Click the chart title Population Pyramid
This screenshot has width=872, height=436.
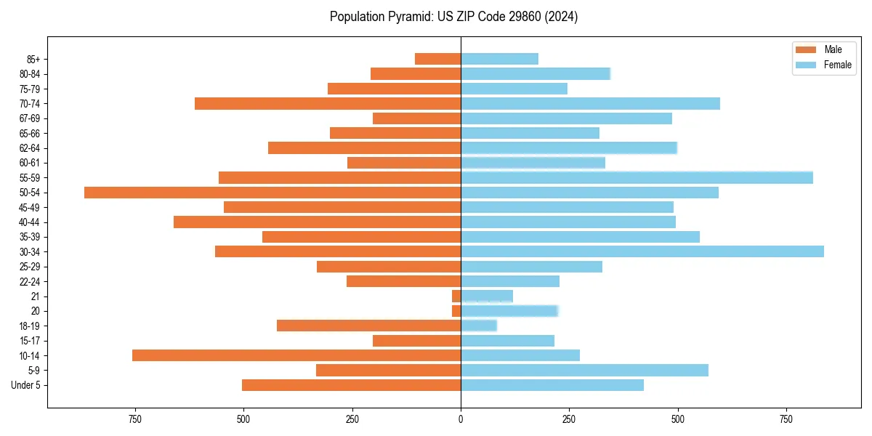(x=453, y=17)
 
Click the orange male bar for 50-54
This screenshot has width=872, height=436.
(x=272, y=193)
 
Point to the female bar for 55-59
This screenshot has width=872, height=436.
(x=637, y=177)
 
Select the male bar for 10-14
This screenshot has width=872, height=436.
(x=296, y=355)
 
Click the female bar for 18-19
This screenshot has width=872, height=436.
(x=479, y=326)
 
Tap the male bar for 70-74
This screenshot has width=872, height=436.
(x=328, y=103)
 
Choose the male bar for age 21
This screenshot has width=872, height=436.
(x=456, y=296)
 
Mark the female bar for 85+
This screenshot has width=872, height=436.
(x=499, y=59)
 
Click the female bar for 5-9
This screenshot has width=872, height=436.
(x=584, y=370)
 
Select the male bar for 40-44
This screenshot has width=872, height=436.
(x=317, y=222)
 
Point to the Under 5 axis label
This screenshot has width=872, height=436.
(x=25, y=385)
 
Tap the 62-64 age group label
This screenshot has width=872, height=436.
(x=30, y=148)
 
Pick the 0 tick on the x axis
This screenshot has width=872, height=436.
(x=461, y=419)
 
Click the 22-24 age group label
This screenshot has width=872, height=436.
(x=30, y=281)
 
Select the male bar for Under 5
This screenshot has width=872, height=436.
(x=351, y=385)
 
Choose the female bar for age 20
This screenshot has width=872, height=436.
(x=509, y=311)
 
